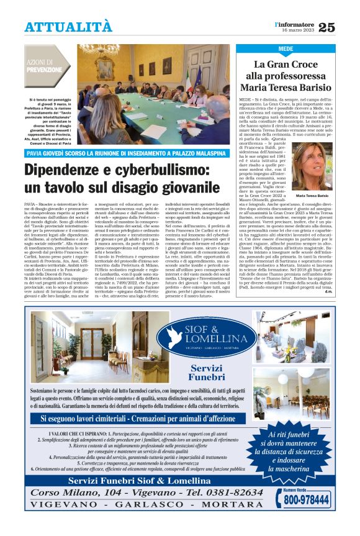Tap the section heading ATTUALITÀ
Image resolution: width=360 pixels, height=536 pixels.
69,27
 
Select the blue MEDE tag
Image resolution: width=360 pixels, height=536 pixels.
286,48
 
